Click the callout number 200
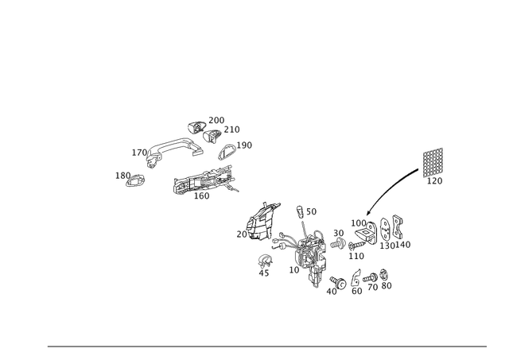[x=216, y=120]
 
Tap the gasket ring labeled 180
[x=135, y=180]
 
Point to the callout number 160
[x=201, y=195]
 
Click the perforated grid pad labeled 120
[x=433, y=162]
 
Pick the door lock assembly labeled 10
[x=309, y=256]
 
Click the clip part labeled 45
[x=265, y=260]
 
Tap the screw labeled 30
[x=338, y=243]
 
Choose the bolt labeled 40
[x=338, y=282]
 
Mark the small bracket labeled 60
[x=356, y=277]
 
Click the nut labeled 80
[x=384, y=275]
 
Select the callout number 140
[x=403, y=245]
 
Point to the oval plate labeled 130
[x=385, y=230]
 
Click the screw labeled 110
[x=357, y=245]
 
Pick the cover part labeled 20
[x=263, y=223]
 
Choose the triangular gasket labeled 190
[x=227, y=152]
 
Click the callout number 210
[x=231, y=130]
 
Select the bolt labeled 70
[x=370, y=278]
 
